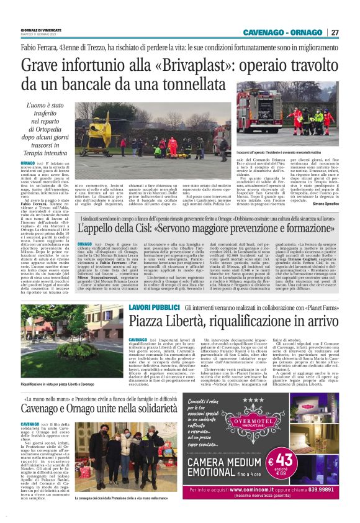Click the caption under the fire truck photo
(x=291, y=151)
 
